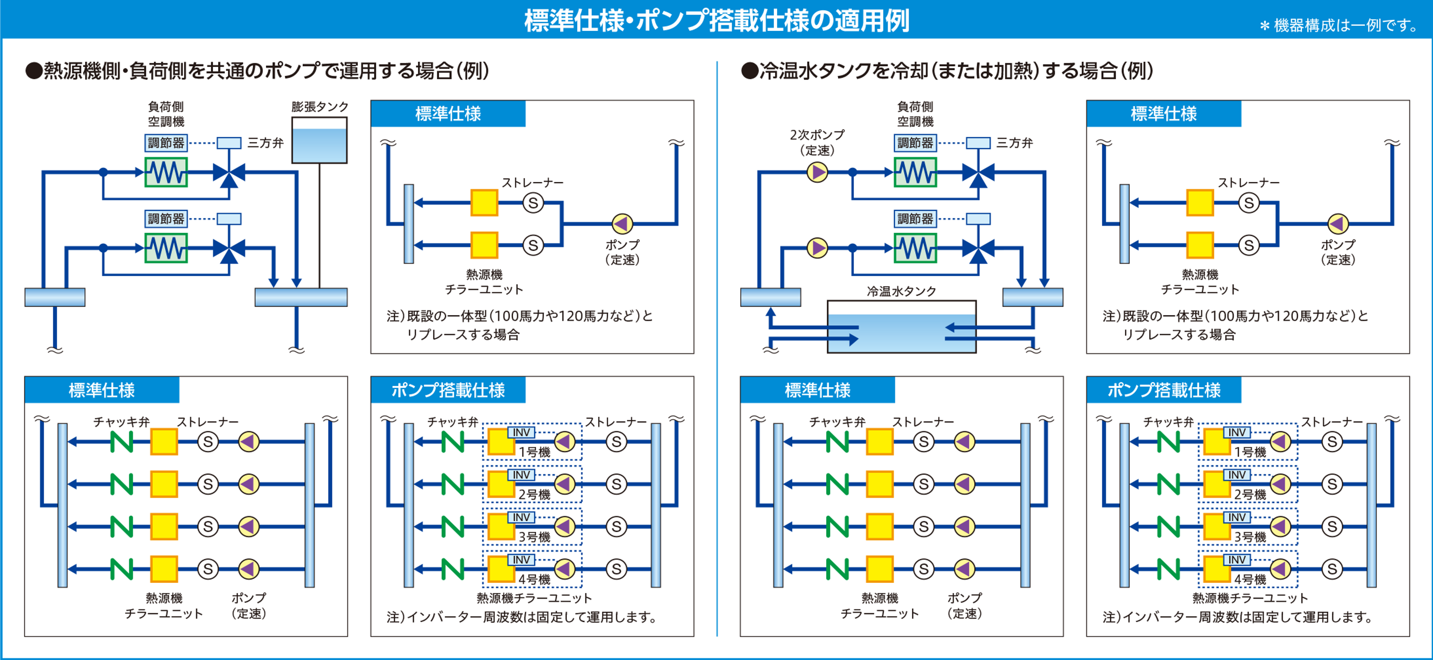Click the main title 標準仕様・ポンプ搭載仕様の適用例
click(716, 21)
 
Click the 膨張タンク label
click(320, 106)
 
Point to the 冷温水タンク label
click(901, 291)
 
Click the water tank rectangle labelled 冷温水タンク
click(901, 327)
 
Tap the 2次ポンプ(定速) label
click(817, 142)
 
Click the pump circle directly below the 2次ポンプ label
click(817, 173)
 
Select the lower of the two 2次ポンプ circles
click(817, 248)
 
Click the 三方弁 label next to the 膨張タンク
click(265, 143)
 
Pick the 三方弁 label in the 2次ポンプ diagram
click(1014, 143)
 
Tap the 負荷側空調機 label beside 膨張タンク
click(166, 114)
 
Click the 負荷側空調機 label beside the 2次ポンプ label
click(915, 114)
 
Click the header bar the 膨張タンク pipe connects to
click(301, 297)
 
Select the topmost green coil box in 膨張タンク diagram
click(166, 173)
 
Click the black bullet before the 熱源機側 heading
click(34, 71)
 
